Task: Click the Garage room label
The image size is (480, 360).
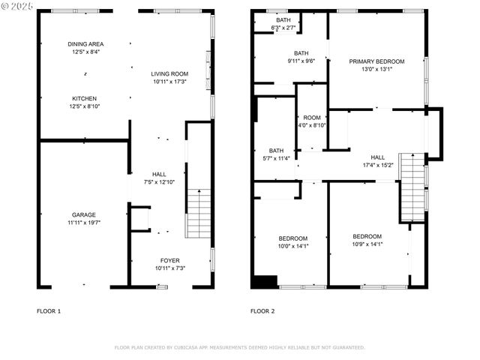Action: click(x=83, y=215)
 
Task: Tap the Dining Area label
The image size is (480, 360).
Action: click(x=85, y=44)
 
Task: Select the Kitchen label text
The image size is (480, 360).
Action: click(x=84, y=98)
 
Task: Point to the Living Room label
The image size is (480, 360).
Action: click(x=169, y=73)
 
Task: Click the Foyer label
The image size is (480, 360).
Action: click(x=169, y=260)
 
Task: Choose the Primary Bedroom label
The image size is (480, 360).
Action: click(x=376, y=61)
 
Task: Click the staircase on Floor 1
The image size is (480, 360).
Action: click(x=198, y=213)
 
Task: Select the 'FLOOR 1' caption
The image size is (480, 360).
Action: click(x=49, y=310)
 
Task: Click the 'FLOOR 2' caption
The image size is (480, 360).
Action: click(x=262, y=310)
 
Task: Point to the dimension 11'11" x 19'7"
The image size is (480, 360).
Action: click(x=83, y=223)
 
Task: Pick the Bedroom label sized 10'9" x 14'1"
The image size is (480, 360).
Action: click(x=367, y=236)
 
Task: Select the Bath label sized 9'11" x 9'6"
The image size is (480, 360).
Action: click(x=301, y=53)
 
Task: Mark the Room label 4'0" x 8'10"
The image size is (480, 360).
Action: click(x=311, y=118)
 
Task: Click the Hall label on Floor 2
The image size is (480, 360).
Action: click(x=377, y=157)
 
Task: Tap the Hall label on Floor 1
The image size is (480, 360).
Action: click(x=158, y=174)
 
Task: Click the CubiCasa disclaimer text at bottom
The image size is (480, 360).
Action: click(x=239, y=347)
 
